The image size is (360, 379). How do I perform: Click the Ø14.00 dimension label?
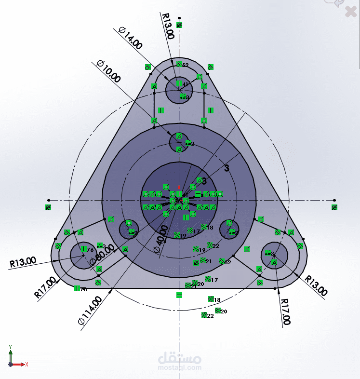click(130, 38)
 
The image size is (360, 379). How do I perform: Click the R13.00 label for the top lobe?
click(168, 26)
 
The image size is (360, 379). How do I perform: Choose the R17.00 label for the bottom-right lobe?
click(285, 311)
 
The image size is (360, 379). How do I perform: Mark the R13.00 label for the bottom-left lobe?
click(23, 261)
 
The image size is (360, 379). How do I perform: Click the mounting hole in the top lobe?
click(179, 89)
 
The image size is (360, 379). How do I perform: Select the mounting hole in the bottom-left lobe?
click(83, 255)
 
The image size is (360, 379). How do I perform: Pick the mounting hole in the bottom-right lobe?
click(275, 255)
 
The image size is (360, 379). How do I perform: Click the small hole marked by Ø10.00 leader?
click(179, 141)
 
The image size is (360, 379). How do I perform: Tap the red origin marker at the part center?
click(179, 188)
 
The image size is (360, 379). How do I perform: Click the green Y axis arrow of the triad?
click(10, 350)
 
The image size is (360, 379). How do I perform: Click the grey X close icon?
click(350, 12)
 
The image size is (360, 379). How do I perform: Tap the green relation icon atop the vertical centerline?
click(179, 25)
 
